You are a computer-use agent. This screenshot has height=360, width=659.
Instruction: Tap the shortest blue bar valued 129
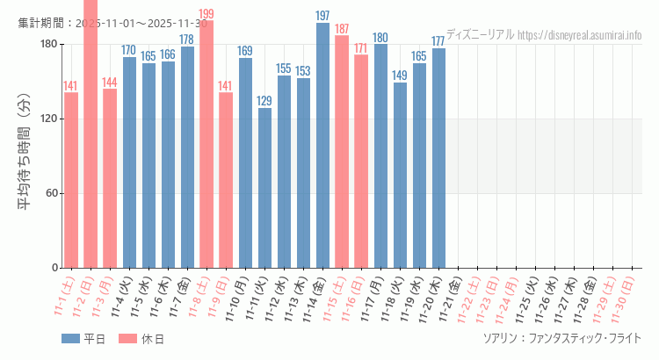pyautogui.click(x=264, y=188)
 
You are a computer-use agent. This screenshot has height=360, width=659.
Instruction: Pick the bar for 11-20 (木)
pyautogui.click(x=438, y=158)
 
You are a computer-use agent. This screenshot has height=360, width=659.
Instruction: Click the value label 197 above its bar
pyautogui.click(x=322, y=16)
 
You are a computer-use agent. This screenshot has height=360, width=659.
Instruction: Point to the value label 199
pyautogui.click(x=206, y=14)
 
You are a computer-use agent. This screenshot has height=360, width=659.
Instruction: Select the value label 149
pyautogui.click(x=400, y=76)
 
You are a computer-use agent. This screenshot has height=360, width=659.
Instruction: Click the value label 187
pyautogui.click(x=342, y=29)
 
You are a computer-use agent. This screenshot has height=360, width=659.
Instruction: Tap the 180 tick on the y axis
pyautogui.click(x=48, y=45)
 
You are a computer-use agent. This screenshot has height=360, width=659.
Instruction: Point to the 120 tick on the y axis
pyautogui.click(x=48, y=119)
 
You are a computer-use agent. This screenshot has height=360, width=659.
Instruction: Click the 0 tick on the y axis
pyautogui.click(x=54, y=268)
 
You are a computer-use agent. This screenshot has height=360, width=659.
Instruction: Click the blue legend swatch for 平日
pyautogui.click(x=70, y=339)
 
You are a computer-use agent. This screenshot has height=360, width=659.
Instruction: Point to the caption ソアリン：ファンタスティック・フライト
pyautogui.click(x=561, y=338)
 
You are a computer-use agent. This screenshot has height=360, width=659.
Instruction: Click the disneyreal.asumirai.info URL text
pyautogui.click(x=580, y=35)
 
